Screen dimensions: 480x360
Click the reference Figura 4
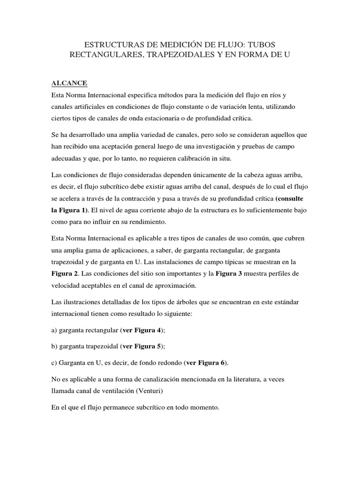(148, 330)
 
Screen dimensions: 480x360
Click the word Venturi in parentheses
(153, 391)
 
